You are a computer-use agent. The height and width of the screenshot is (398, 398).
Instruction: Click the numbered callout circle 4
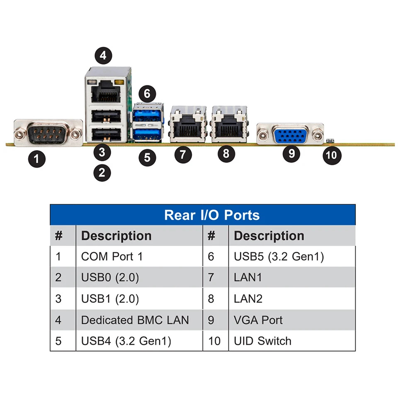point(103,55)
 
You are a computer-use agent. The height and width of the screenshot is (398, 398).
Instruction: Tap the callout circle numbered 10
point(332,155)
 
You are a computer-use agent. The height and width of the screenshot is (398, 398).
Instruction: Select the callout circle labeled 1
point(37,159)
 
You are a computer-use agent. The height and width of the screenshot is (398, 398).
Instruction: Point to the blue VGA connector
point(290,134)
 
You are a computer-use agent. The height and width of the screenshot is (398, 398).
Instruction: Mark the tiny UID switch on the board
point(330,141)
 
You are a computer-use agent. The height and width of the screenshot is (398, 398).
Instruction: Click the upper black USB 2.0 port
point(106,116)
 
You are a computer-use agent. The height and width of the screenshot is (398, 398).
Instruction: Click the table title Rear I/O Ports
point(212,215)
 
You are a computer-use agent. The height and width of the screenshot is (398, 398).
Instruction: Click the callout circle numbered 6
point(147,93)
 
